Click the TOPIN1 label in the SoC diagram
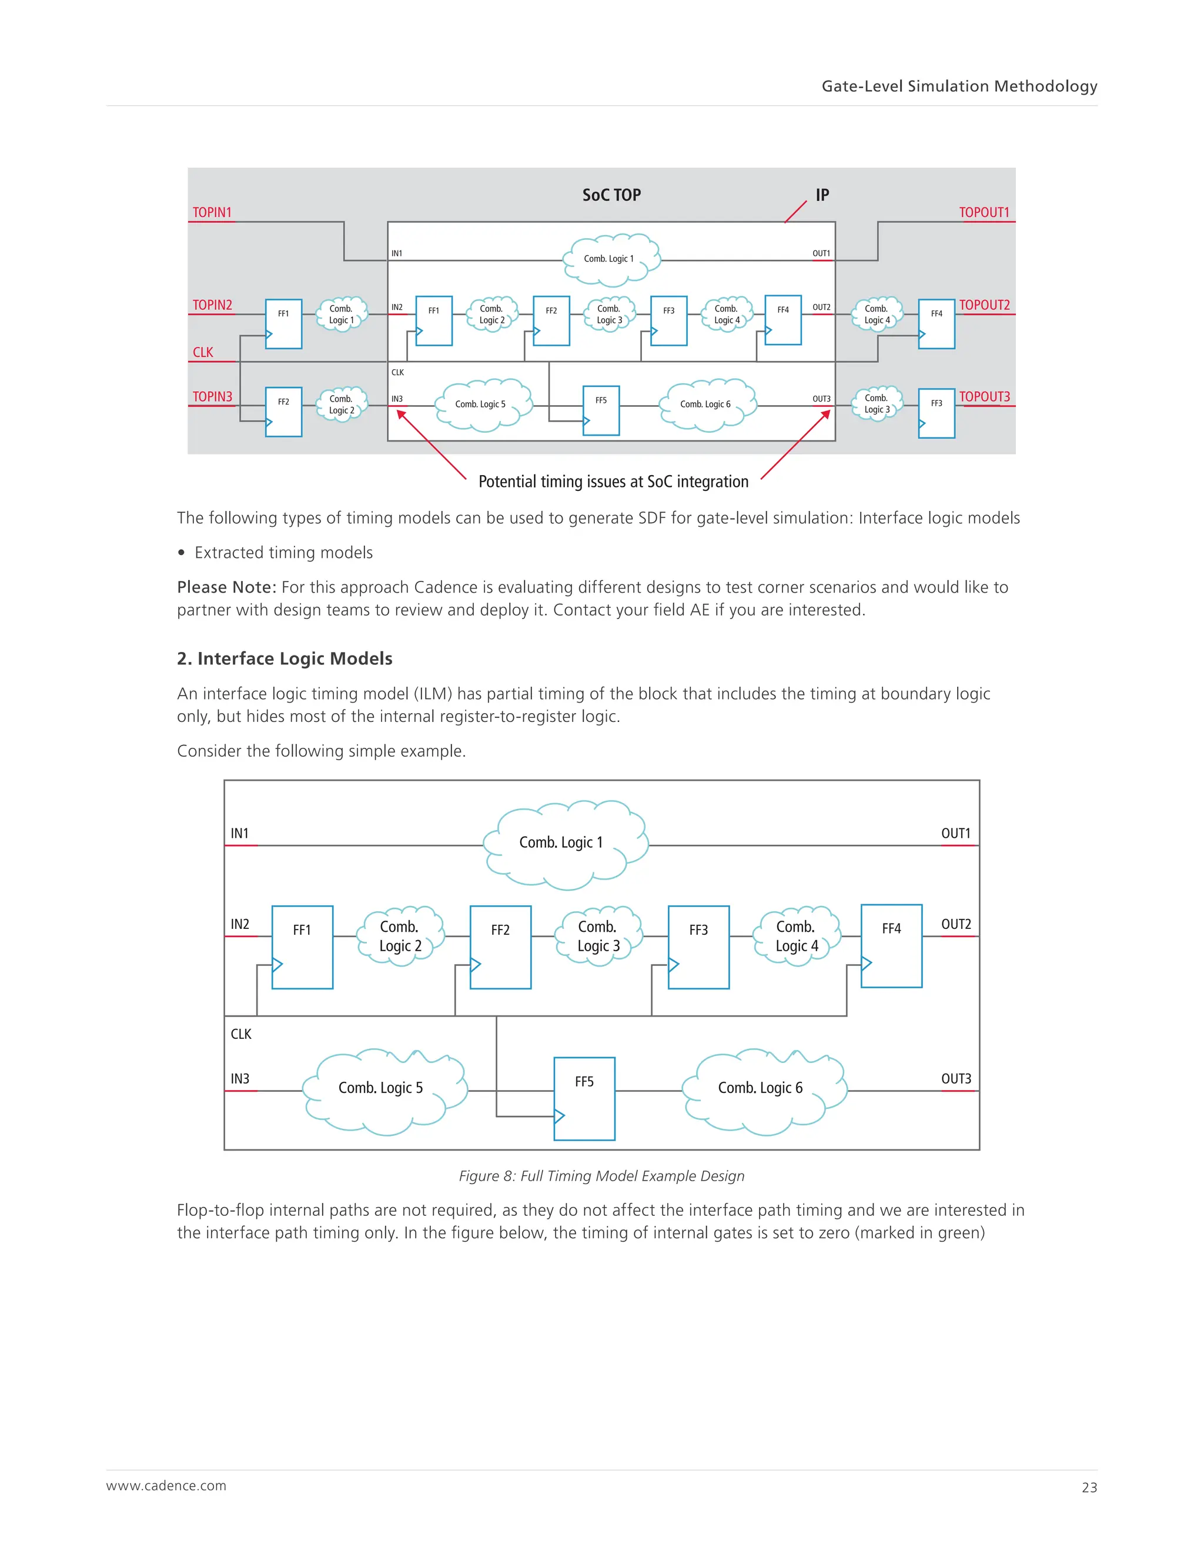coord(212,213)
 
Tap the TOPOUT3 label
coord(984,397)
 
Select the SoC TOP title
coord(611,195)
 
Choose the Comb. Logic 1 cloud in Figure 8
coord(562,843)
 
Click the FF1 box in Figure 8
coord(302,947)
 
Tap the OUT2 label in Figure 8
coord(956,925)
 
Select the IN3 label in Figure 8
coord(240,1079)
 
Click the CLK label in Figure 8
coord(241,1034)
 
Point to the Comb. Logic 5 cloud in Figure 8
coord(382,1089)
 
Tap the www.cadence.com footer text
coord(166,1486)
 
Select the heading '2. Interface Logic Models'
coord(285,658)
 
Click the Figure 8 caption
coord(601,1176)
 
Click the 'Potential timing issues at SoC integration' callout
coord(613,482)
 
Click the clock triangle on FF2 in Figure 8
coord(475,964)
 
